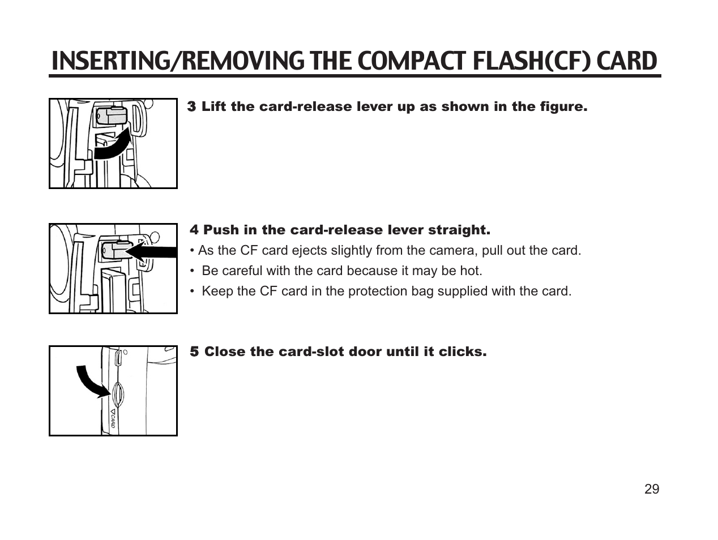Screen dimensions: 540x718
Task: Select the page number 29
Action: point(652,490)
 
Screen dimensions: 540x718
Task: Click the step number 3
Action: point(192,106)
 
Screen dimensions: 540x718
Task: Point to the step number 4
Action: point(194,230)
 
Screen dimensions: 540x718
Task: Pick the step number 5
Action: point(194,352)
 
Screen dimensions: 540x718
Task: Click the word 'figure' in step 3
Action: point(561,106)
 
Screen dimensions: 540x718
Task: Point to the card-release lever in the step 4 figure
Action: point(113,250)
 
